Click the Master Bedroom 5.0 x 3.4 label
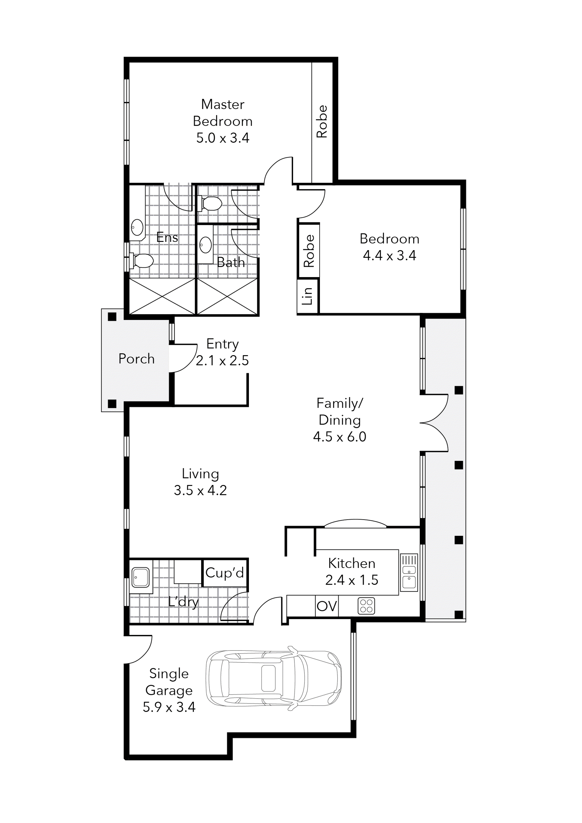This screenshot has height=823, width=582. pyautogui.click(x=223, y=121)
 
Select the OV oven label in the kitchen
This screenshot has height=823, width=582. pyautogui.click(x=327, y=606)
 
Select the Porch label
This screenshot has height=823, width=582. pyautogui.click(x=137, y=359)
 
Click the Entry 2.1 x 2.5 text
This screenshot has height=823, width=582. pyautogui.click(x=222, y=352)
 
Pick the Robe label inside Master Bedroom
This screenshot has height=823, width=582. pyautogui.click(x=322, y=122)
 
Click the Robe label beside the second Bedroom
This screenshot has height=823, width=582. pyautogui.click(x=308, y=251)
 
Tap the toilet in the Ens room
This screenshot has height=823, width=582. pyautogui.click(x=142, y=261)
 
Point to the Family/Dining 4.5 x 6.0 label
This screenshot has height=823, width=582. pyautogui.click(x=339, y=420)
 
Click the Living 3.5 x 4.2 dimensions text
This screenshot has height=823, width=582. pyautogui.click(x=200, y=490)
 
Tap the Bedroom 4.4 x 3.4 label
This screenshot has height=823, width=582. pyautogui.click(x=389, y=247)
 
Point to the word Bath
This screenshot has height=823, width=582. pyautogui.click(x=231, y=263)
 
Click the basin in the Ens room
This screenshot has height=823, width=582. pyautogui.click(x=137, y=227)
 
